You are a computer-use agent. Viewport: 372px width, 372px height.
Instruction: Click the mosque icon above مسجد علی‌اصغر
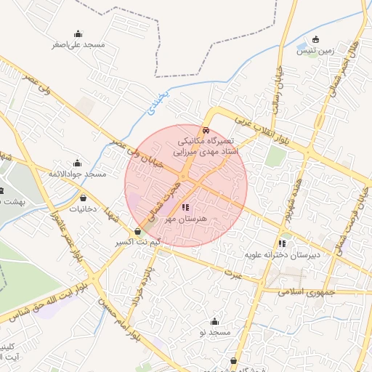point(78,33)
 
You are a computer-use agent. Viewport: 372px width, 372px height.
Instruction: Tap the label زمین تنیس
point(315,51)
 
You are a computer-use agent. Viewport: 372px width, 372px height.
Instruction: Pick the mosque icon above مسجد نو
point(214,322)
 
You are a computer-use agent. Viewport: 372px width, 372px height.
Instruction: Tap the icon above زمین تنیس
point(315,40)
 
